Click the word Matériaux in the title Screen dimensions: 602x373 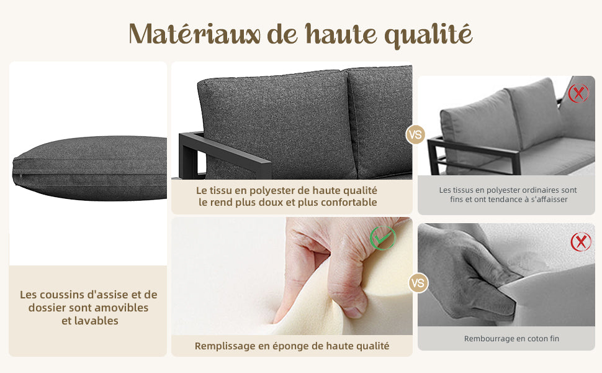[x=195, y=34]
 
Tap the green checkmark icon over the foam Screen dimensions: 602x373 [x=383, y=239]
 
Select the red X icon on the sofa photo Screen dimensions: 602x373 [x=578, y=93]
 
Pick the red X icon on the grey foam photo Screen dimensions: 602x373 [x=581, y=242]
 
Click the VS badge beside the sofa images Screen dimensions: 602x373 [x=415, y=135]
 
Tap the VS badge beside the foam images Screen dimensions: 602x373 [x=418, y=283]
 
